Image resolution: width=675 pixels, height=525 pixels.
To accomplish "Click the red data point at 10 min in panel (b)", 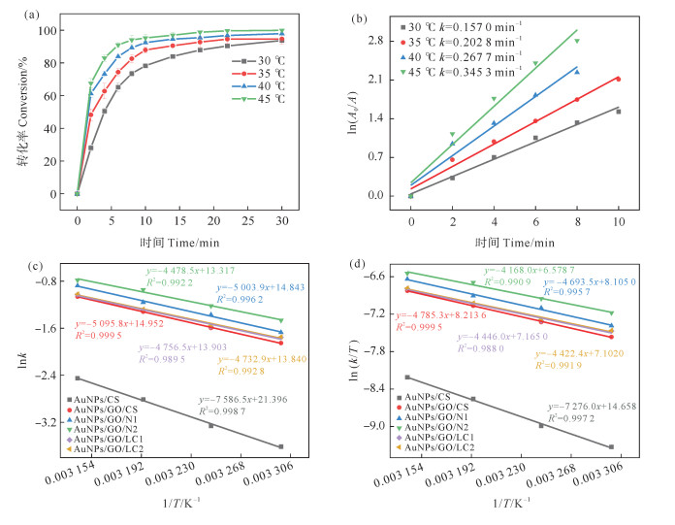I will [x=617, y=79].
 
